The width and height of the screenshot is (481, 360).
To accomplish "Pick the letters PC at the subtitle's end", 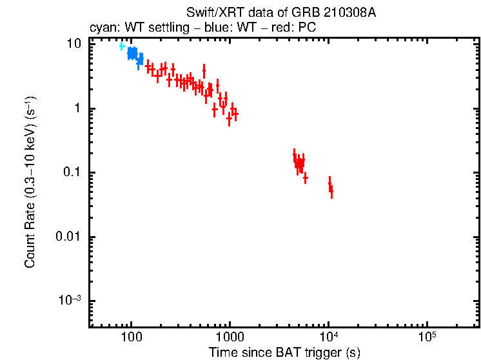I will coord(308,28).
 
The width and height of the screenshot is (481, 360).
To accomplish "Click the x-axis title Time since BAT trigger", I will coord(284,352).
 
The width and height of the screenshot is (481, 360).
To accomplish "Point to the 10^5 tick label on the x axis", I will coord(426,337).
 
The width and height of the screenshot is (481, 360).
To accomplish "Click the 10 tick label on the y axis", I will coord(75,44).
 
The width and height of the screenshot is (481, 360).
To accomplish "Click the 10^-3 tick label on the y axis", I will coord(72,301).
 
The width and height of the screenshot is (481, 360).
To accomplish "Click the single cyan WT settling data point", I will coord(121,46).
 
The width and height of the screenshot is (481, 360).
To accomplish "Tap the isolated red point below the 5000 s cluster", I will coord(305,178).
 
